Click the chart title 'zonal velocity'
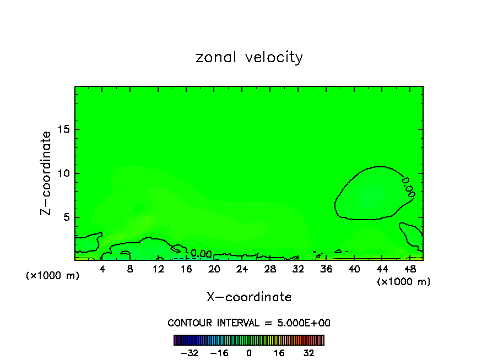click(x=249, y=57)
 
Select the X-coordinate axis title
click(x=249, y=297)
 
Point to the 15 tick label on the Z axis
click(x=64, y=129)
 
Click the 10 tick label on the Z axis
click(x=64, y=173)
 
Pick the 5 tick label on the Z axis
click(x=67, y=217)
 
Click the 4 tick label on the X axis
click(x=102, y=269)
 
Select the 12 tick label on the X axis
click(x=158, y=269)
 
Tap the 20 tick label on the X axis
click(x=214, y=269)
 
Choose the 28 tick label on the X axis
click(x=270, y=269)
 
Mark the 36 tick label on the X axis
click(x=326, y=269)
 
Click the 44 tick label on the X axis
click(x=382, y=269)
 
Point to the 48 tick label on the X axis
click(x=410, y=269)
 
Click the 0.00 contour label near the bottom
click(x=201, y=254)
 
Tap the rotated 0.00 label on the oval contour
click(x=408, y=187)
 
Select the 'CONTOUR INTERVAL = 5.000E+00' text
click(x=249, y=323)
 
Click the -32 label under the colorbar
click(x=190, y=353)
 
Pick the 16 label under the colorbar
click(x=279, y=353)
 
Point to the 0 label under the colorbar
click(x=249, y=353)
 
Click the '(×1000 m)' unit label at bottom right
click(x=403, y=282)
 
